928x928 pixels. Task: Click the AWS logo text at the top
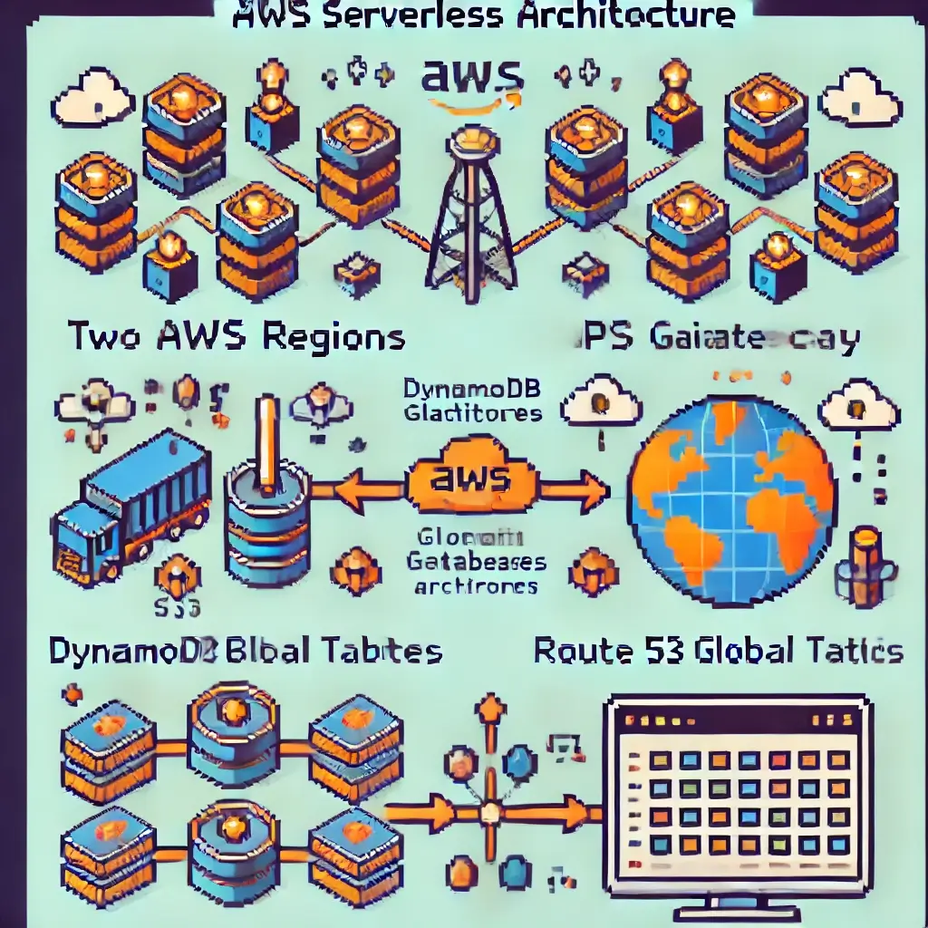[x=471, y=77]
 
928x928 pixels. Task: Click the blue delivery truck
[x=131, y=507]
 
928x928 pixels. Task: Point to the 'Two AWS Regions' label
[x=237, y=337]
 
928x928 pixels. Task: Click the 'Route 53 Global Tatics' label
[x=718, y=650]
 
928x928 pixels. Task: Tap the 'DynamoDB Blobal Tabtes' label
[x=245, y=650]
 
